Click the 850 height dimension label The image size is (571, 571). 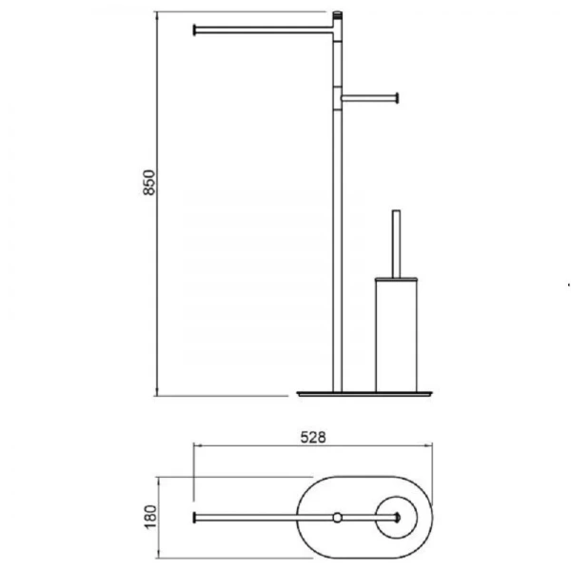point(149,183)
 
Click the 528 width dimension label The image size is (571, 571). point(313,438)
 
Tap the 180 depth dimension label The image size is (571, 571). point(150,517)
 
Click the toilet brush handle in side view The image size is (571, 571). point(396,244)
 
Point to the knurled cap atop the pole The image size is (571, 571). point(338,15)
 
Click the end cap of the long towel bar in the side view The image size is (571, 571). point(194,30)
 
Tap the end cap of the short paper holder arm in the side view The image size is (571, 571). point(397,98)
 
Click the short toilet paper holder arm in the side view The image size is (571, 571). point(369,98)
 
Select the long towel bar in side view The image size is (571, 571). point(264,30)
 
